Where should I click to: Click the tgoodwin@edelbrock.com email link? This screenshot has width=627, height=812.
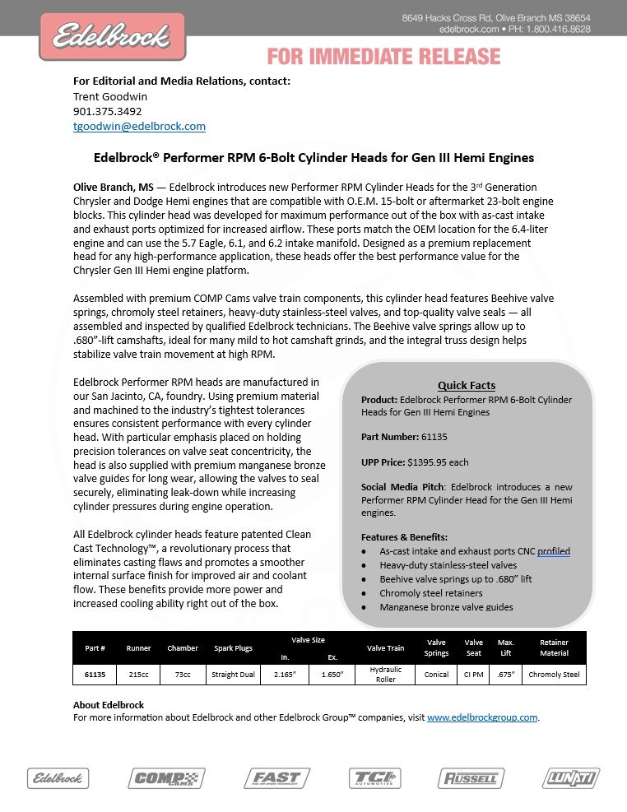coord(139,127)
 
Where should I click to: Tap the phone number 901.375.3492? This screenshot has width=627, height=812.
coord(107,111)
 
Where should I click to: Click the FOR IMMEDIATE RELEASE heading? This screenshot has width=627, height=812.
coord(383,57)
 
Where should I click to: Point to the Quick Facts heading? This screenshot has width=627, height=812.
coord(466,385)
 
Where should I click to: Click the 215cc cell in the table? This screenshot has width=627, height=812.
coord(138,675)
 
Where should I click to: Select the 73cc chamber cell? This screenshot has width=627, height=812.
coord(183,675)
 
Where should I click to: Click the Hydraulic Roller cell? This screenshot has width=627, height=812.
coord(385,675)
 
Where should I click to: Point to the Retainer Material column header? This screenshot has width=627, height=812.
coord(554,648)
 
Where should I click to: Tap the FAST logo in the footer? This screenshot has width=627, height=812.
coord(271,777)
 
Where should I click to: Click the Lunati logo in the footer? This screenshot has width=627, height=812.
coord(571,777)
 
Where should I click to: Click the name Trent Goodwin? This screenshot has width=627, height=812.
coord(110,95)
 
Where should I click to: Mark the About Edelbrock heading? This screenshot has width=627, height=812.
coord(109,705)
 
